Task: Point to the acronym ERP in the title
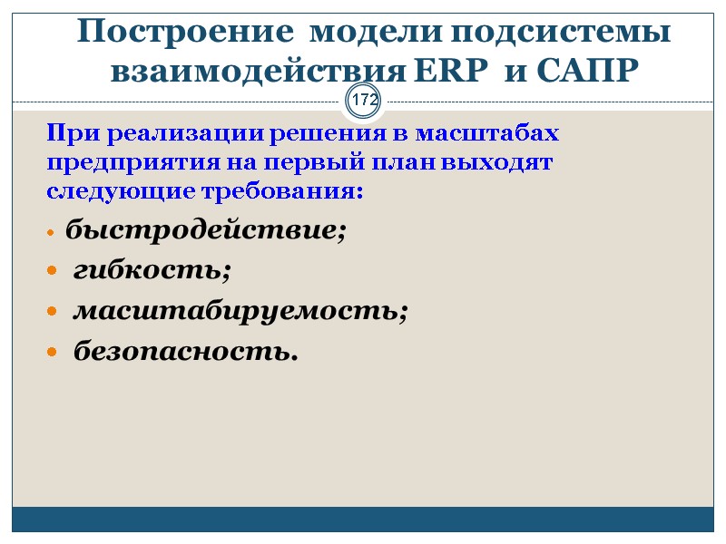pyautogui.click(x=448, y=70)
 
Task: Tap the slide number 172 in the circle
pyautogui.click(x=365, y=101)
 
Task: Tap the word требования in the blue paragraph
pyautogui.click(x=289, y=194)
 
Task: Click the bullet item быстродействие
pyautogui.click(x=206, y=231)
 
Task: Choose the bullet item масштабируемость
pyautogui.click(x=240, y=310)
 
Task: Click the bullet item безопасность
pyautogui.click(x=185, y=350)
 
